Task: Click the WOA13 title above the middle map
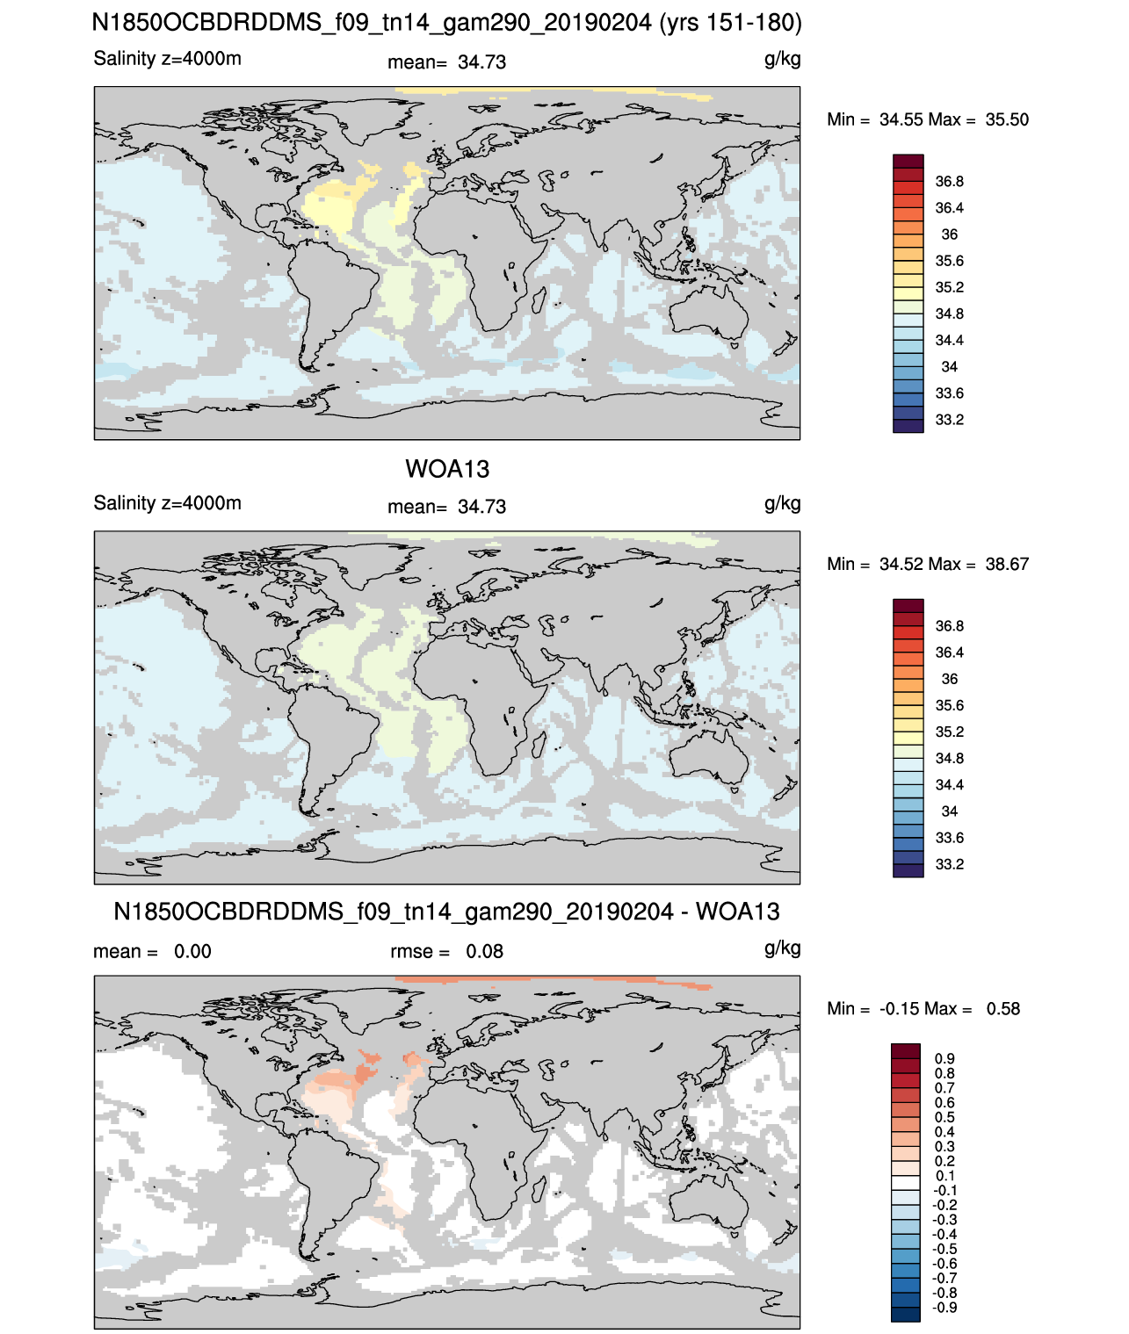(446, 469)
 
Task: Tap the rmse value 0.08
(484, 951)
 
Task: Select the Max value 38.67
(1006, 564)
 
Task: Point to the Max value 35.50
(1006, 119)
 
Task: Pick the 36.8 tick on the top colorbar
(949, 182)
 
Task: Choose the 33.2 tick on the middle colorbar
(949, 864)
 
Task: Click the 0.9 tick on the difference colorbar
(944, 1058)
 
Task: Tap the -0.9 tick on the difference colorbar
(944, 1308)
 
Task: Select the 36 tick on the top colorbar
(949, 234)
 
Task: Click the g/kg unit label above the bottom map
(782, 948)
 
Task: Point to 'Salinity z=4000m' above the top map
(167, 58)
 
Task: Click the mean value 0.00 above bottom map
(192, 951)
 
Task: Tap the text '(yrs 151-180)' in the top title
(731, 23)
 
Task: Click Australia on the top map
(709, 313)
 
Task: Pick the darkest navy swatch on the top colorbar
(908, 426)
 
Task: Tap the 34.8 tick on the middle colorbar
(949, 758)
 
